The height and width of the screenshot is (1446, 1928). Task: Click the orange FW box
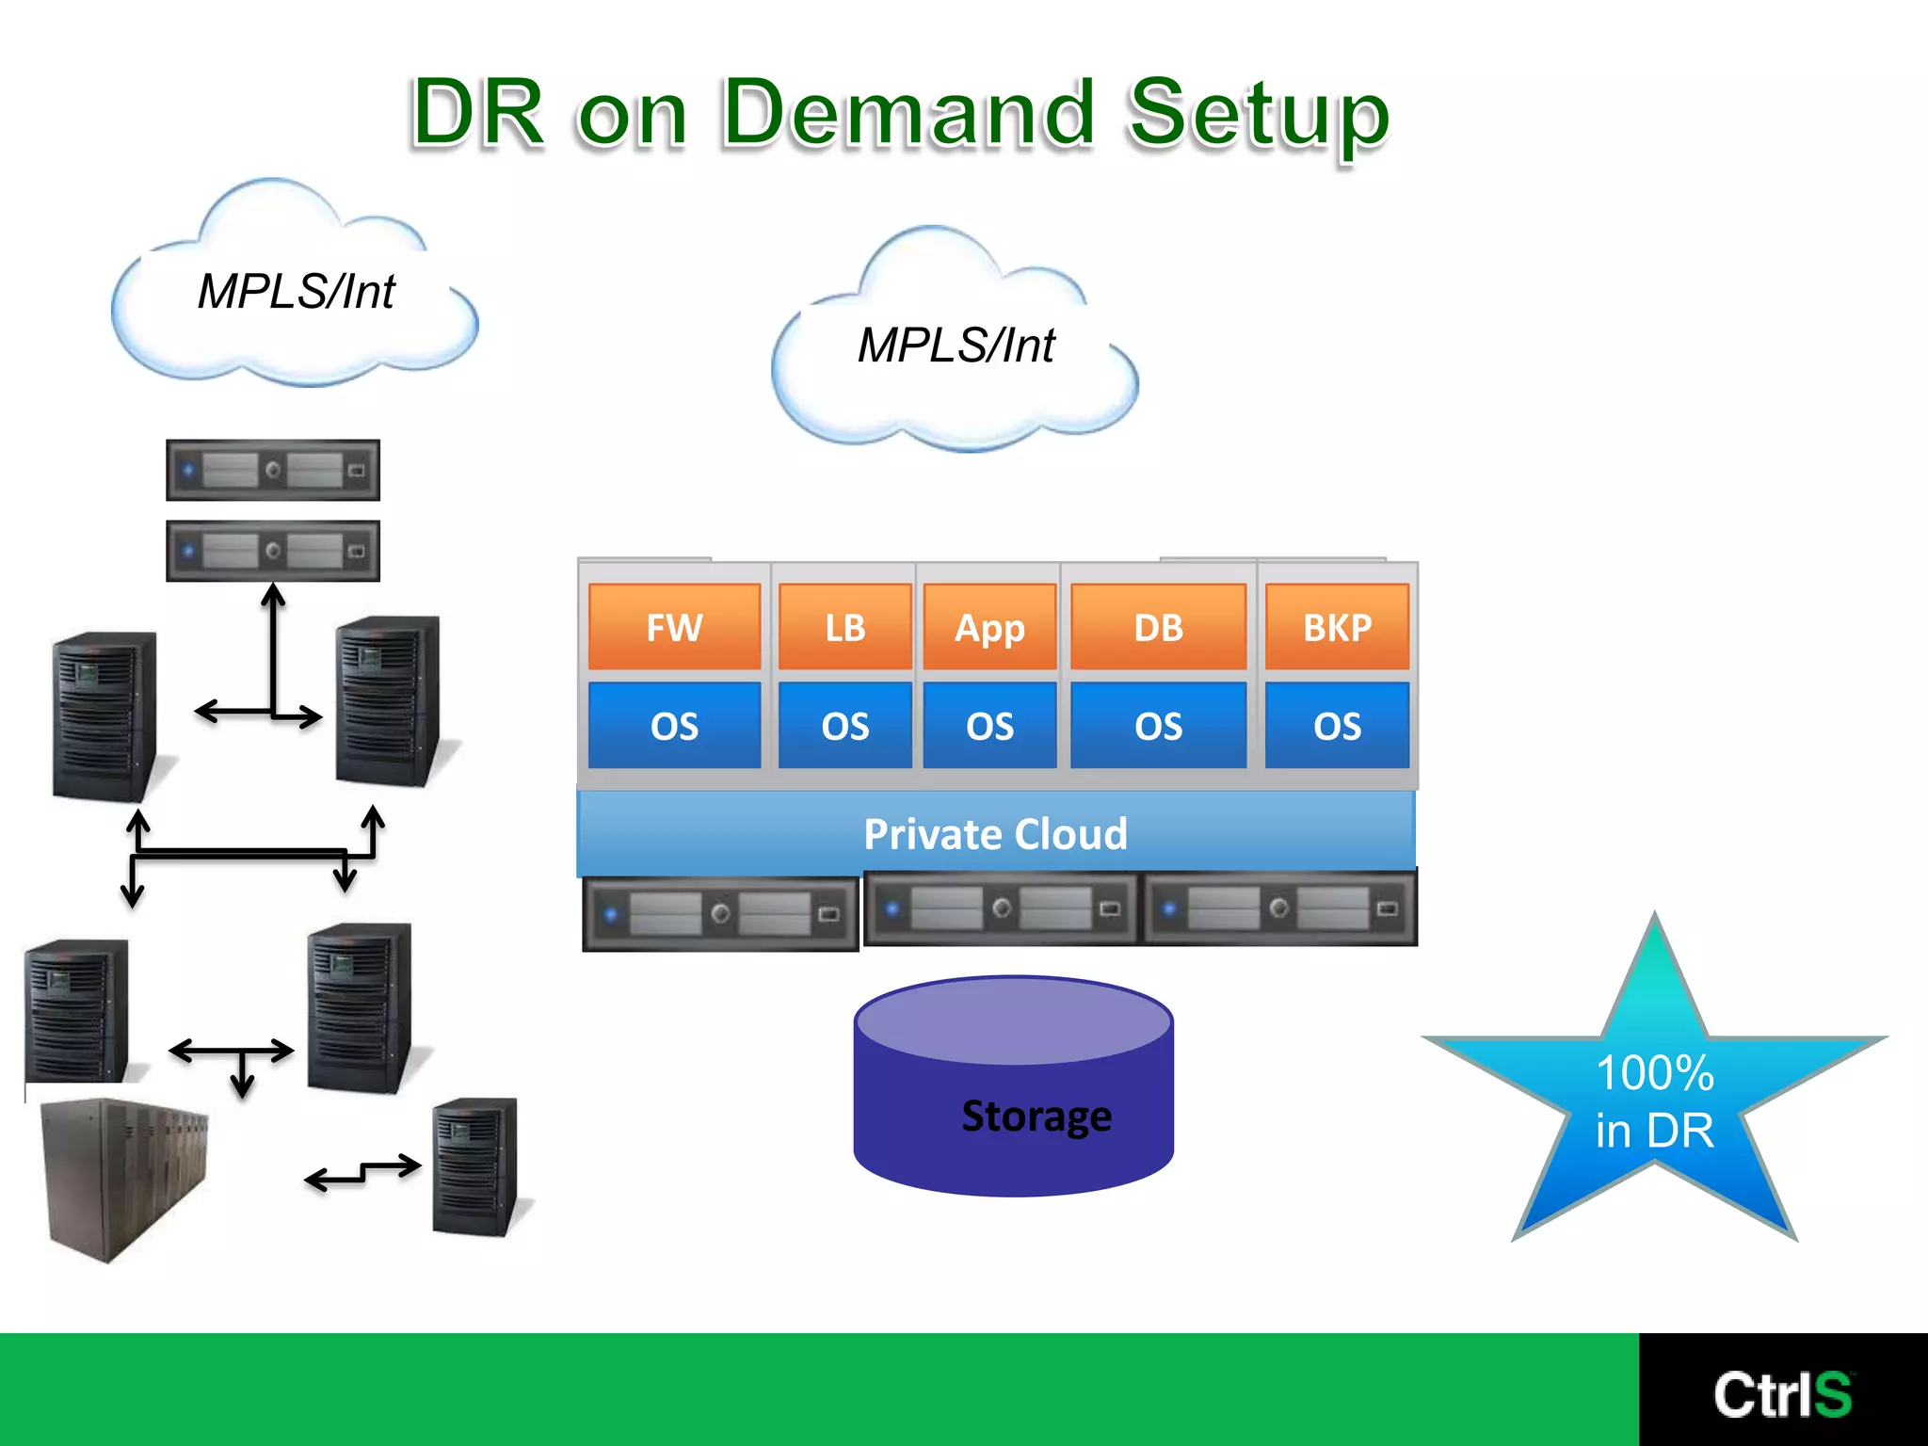674,626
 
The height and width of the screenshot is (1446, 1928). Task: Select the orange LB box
844,626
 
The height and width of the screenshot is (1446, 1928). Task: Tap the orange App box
989,626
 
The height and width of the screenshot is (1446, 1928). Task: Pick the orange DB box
1158,626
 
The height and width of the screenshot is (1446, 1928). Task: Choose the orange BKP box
1337,626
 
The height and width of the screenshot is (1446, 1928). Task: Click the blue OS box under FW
674,725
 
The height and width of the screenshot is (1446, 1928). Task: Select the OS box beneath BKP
1337,725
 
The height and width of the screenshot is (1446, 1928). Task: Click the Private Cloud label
995,833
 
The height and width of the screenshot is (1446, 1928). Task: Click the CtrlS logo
1782,1393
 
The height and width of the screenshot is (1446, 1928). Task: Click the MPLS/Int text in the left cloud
297,291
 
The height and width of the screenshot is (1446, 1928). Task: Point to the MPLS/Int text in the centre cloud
956,345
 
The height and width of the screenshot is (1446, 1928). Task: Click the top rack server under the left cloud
273,470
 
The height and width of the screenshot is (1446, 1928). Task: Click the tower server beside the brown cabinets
475,1167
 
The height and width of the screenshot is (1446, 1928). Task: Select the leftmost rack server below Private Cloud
720,913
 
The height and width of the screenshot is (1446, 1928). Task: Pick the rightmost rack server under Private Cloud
1278,908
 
